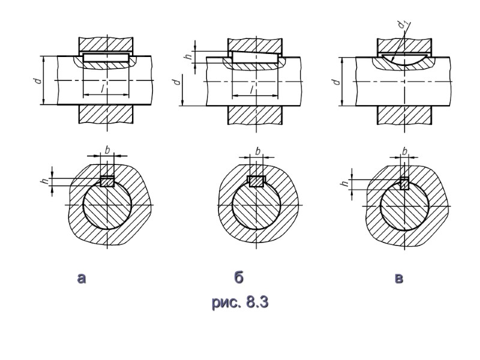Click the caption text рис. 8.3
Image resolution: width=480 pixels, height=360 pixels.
click(239, 302)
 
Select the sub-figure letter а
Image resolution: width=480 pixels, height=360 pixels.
click(83, 278)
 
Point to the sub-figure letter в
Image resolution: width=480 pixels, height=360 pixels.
click(399, 278)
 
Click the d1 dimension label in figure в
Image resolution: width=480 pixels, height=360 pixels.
click(401, 24)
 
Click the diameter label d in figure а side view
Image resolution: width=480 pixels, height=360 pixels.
click(37, 80)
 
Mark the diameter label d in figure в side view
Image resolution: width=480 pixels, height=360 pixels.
click(334, 80)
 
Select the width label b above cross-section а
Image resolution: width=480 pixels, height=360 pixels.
click(107, 150)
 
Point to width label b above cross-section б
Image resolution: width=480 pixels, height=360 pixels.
click(257, 150)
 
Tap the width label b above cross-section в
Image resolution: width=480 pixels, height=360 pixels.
click(405, 150)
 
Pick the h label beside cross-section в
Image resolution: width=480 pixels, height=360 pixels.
click(346, 184)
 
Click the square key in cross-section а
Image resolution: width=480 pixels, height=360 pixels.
click(107, 181)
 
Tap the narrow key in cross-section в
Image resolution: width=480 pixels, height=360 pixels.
click(405, 184)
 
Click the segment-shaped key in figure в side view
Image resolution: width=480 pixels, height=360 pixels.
click(403, 60)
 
